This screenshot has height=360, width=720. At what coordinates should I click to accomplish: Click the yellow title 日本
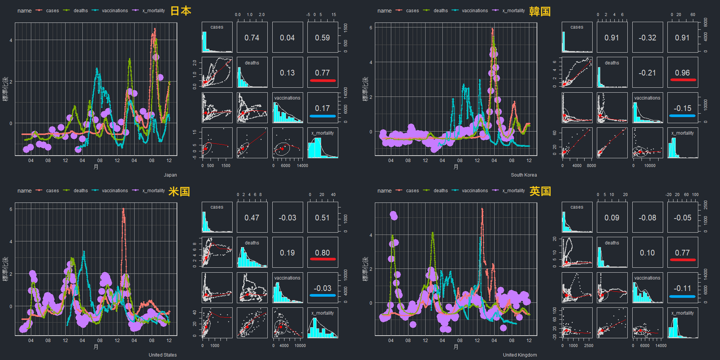click(180, 11)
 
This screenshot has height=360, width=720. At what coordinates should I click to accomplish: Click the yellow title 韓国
click(540, 11)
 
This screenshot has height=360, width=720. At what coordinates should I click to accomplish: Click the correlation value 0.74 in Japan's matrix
click(252, 37)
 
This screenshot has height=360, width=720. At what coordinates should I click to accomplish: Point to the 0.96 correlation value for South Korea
click(683, 73)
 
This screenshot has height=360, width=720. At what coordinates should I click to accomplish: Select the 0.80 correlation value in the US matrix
click(322, 253)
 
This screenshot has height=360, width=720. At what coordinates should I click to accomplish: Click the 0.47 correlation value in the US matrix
click(252, 217)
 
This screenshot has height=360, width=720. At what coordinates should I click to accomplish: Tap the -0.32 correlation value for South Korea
click(647, 37)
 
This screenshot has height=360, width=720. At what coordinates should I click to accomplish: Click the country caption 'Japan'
click(170, 175)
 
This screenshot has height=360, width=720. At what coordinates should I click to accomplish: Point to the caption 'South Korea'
click(524, 175)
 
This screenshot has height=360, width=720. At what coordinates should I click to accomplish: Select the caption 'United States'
click(163, 355)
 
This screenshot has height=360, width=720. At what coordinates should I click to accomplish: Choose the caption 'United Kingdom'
click(520, 355)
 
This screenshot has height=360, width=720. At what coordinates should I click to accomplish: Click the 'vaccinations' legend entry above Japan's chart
click(111, 11)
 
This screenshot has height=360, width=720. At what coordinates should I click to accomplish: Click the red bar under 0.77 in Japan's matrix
click(322, 81)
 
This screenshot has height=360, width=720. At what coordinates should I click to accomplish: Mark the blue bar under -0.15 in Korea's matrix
click(683, 115)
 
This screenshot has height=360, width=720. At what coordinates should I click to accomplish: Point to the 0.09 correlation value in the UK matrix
click(612, 217)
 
